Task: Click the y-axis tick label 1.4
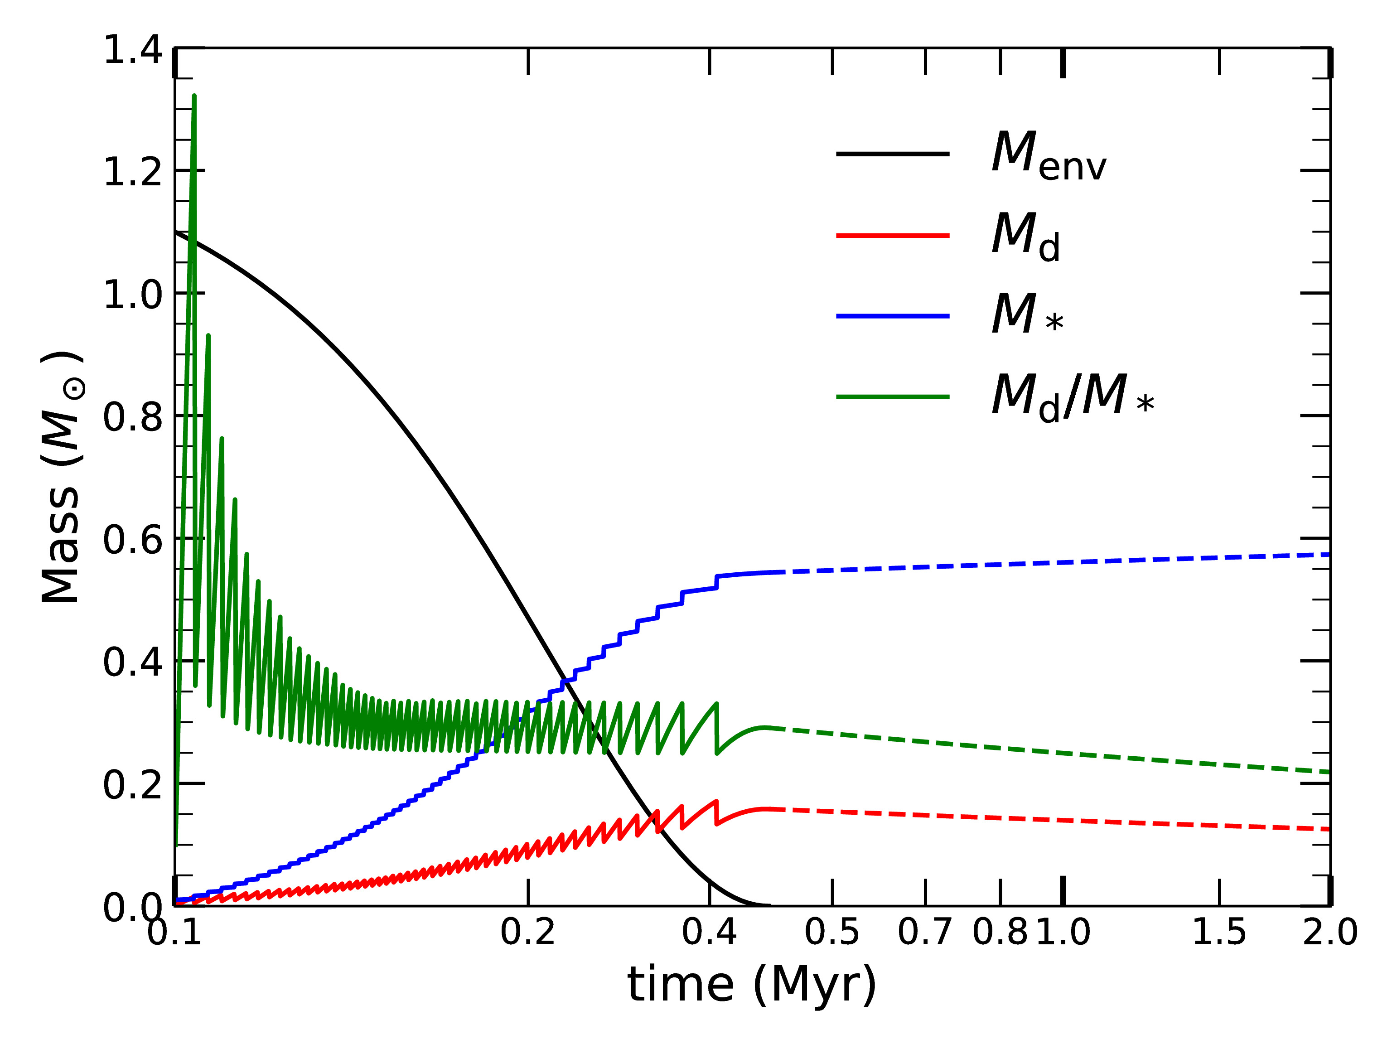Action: click(132, 50)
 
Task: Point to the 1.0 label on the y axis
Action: click(132, 295)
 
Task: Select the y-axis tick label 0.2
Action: click(132, 785)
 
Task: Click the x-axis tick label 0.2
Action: click(527, 932)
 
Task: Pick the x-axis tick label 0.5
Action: click(832, 932)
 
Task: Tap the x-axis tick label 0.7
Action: click(924, 932)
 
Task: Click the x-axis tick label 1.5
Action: click(1219, 932)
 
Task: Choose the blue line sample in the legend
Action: click(892, 316)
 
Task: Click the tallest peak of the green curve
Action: click(194, 96)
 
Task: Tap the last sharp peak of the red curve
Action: click(716, 801)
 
